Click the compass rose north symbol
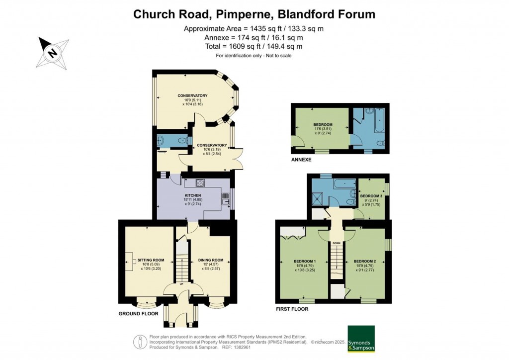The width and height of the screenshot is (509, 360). point(51,51)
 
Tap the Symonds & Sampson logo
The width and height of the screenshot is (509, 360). point(360,339)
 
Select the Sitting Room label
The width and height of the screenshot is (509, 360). point(147,260)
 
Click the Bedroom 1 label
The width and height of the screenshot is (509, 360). point(304,262)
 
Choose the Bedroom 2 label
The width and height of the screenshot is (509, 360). point(364,262)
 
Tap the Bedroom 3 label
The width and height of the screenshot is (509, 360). point(371,196)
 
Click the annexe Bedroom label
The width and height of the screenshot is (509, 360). point(323,125)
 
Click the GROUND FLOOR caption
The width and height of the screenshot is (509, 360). point(138,314)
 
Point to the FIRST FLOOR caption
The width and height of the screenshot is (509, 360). point(292,309)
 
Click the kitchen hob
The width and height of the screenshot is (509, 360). point(201,182)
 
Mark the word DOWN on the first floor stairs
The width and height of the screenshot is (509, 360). point(337,243)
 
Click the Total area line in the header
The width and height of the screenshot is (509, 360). point(254,46)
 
